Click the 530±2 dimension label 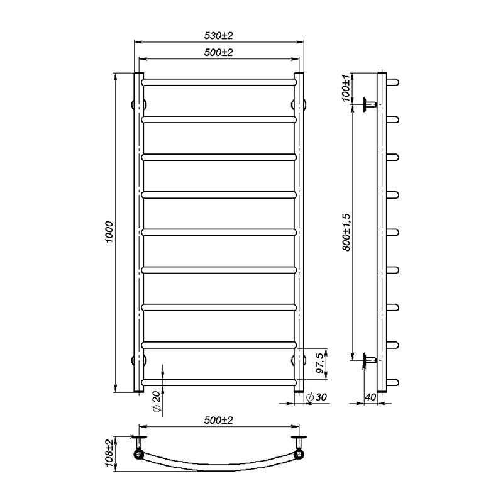(218, 35)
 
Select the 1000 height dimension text (109, 232)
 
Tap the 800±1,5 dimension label (346, 232)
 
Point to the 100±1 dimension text (346, 88)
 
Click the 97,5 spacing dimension (320, 363)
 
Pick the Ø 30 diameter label (316, 397)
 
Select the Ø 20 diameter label (156, 401)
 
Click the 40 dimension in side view (370, 397)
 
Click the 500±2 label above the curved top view (218, 420)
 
